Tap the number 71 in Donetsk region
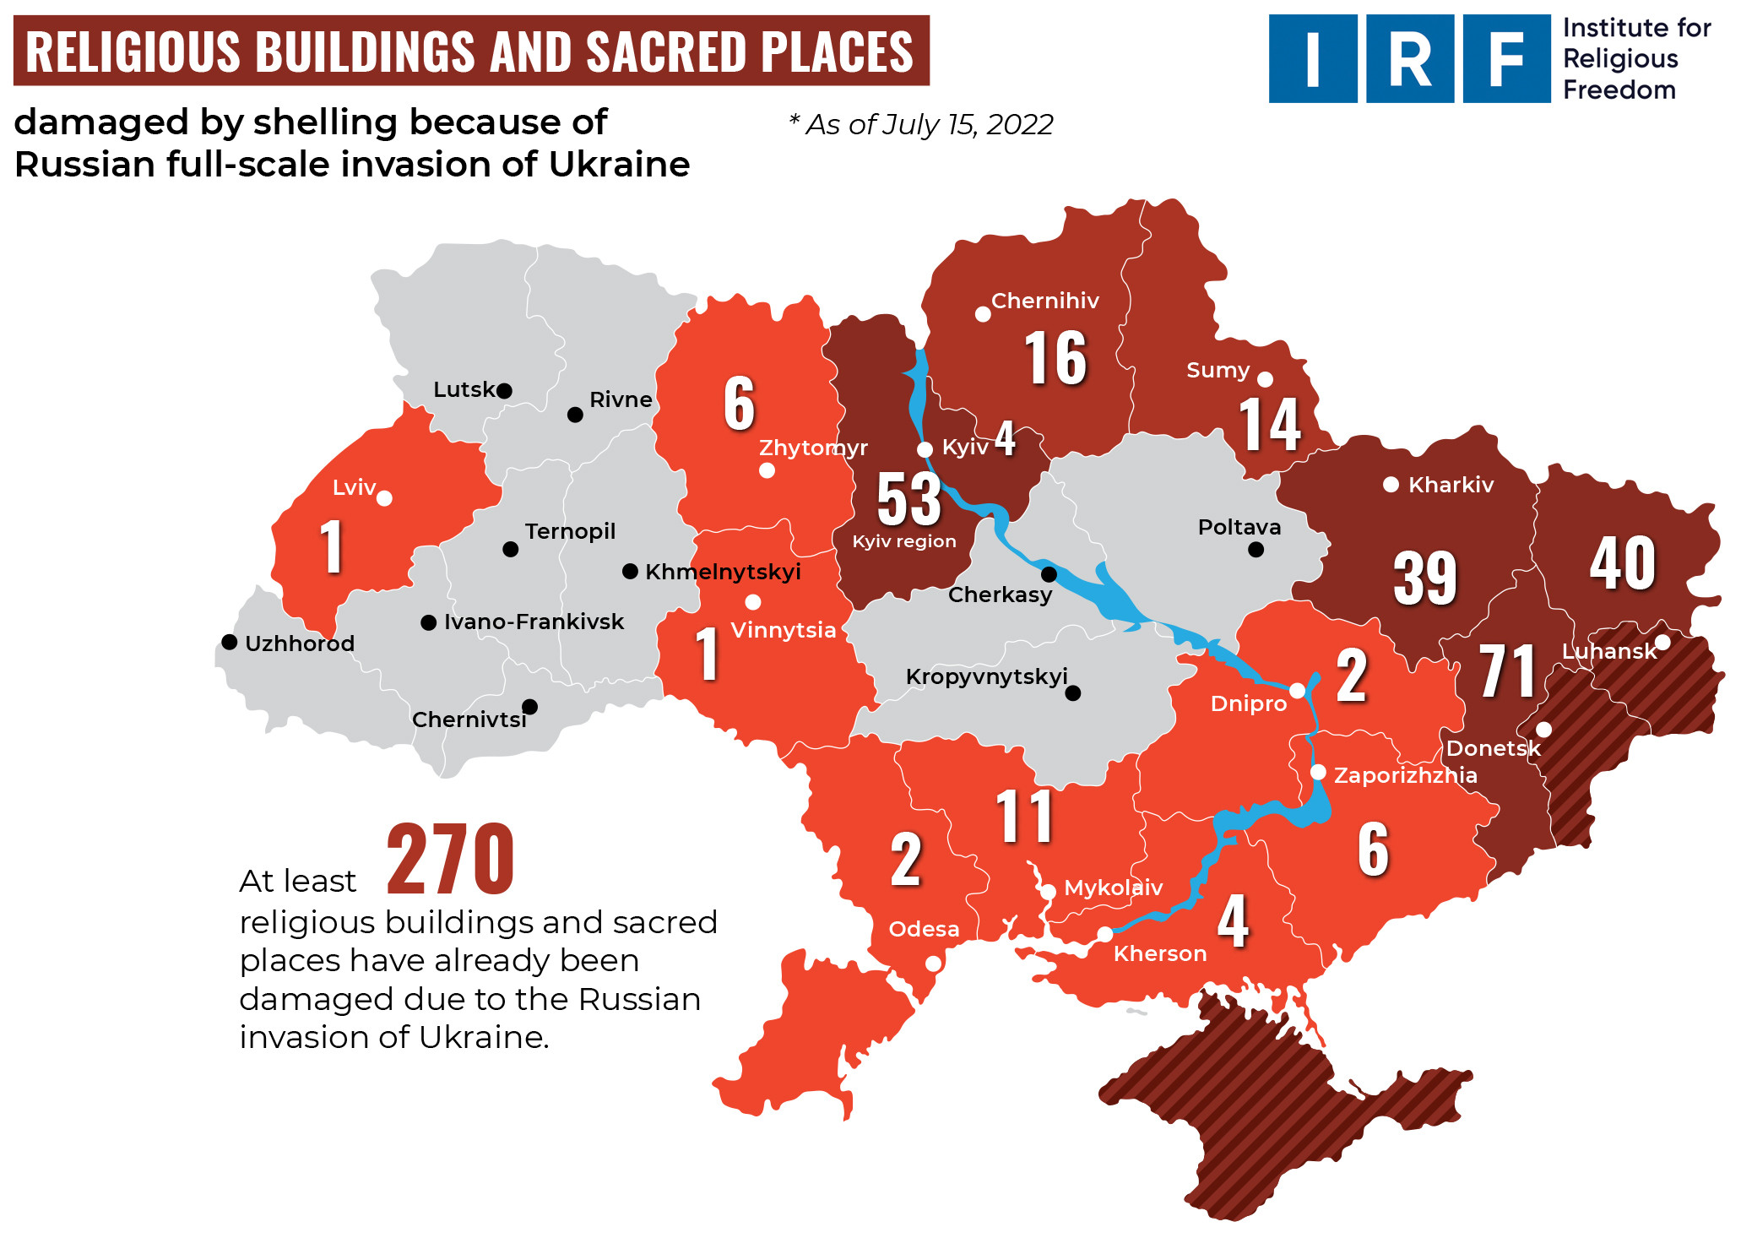[x=1507, y=671]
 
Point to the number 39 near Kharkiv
[x=1425, y=578]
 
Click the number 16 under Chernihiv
[x=1055, y=358]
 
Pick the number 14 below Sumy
[x=1269, y=425]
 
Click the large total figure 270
[x=450, y=860]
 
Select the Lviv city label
[x=354, y=487]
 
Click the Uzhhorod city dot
[x=229, y=642]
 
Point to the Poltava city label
[x=1239, y=527]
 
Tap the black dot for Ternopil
[x=510, y=549]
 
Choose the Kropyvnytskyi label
[x=986, y=676]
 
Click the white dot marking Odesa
[x=933, y=963]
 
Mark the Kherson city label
[x=1159, y=953]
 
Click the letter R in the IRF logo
[x=1409, y=59]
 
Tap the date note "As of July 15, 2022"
[x=922, y=125]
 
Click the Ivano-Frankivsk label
[x=534, y=622]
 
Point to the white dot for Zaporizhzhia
[x=1318, y=772]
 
